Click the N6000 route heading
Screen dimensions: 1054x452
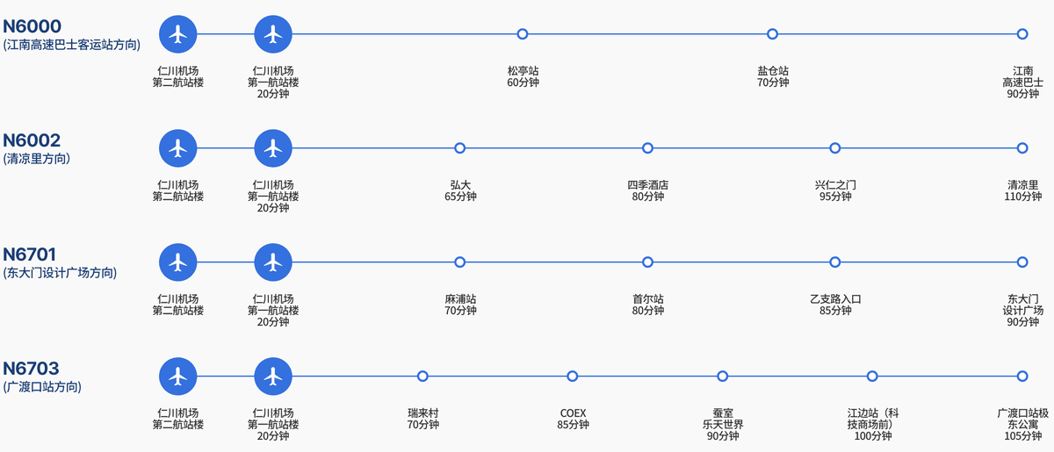point(32,26)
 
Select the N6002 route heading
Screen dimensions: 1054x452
point(32,140)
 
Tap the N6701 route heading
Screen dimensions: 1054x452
point(29,255)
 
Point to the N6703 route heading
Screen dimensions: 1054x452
point(31,369)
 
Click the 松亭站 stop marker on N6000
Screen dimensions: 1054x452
point(523,34)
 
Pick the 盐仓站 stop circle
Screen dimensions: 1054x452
point(772,34)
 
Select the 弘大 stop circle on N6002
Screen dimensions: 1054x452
point(459,148)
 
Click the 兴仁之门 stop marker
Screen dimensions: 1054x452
point(834,148)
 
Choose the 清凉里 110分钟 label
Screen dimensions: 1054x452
point(1022,190)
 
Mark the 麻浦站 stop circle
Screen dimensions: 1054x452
point(459,262)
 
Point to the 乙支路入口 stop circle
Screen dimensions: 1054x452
point(834,262)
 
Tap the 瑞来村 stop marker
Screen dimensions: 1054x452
point(422,377)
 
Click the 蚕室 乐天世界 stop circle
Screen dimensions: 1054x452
point(722,377)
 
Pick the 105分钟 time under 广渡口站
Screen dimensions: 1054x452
point(1022,436)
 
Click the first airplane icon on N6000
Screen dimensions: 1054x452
point(177,34)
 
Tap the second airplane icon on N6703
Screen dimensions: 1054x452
point(273,377)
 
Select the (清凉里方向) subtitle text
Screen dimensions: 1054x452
point(37,159)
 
